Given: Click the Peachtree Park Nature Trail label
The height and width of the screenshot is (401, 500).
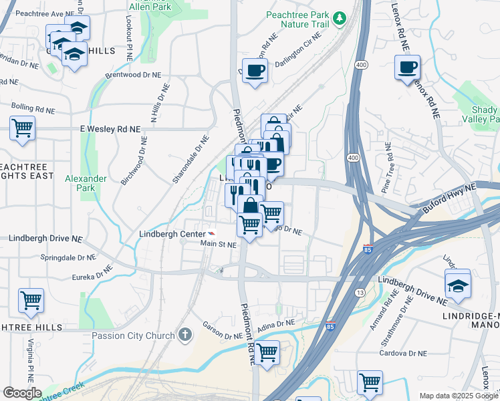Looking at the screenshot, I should pos(298,19).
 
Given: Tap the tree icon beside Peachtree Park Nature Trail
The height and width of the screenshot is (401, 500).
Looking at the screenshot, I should pos(340,16).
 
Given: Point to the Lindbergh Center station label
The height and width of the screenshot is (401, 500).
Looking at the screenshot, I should pos(172,234).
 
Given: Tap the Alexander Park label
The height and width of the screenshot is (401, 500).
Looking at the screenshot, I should pos(86,183).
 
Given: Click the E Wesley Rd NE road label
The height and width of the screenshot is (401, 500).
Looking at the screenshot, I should pos(110,129).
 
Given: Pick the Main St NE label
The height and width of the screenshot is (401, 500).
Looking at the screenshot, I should pos(219,245).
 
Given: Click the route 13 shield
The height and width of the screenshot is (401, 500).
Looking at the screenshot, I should pos(360,293).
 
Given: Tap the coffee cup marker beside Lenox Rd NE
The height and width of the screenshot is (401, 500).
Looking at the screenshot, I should pos(407,68).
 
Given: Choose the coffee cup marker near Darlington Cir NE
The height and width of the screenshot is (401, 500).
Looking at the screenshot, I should pos(255,70).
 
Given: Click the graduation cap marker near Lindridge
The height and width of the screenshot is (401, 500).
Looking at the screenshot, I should pos(458,283).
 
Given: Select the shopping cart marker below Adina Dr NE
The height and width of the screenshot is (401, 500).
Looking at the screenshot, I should pos(267,352).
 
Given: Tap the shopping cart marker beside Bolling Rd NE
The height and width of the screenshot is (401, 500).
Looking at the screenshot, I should pos(22,128).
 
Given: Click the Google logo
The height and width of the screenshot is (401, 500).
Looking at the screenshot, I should pos(22,392).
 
